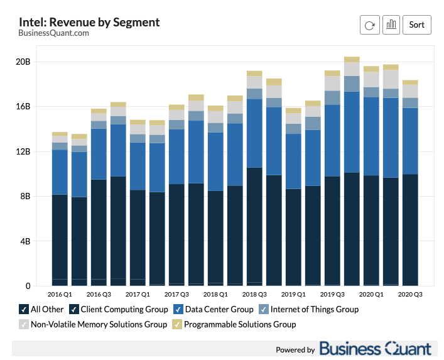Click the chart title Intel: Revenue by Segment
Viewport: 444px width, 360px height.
[x=89, y=22]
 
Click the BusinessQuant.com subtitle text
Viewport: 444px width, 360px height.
[x=53, y=33]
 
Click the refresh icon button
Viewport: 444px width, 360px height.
[x=369, y=25]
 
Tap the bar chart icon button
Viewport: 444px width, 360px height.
[x=391, y=25]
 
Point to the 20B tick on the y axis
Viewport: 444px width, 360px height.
[x=23, y=62]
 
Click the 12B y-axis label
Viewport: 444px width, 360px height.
[x=23, y=151]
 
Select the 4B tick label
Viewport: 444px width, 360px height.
[x=24, y=241]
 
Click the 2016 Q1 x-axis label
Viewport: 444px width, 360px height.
[x=60, y=294]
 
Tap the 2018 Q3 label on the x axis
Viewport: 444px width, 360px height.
[x=254, y=294]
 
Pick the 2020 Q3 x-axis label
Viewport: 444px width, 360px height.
[x=410, y=294]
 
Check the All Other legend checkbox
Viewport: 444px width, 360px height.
[x=24, y=309]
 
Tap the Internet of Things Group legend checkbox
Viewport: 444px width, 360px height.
[x=264, y=309]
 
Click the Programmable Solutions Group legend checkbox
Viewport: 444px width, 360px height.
[x=177, y=324]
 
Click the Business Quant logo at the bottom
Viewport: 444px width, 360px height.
[x=375, y=349]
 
